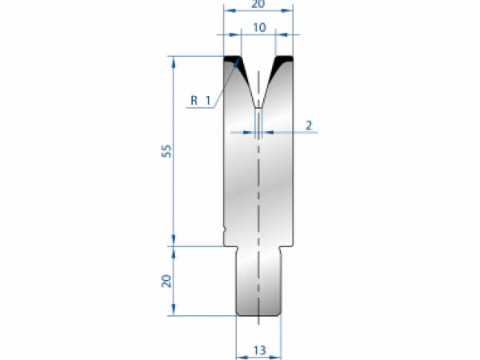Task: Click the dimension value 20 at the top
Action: point(258,5)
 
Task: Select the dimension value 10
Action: point(258,27)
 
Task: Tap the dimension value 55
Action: point(166,151)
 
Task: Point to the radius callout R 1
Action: point(200,100)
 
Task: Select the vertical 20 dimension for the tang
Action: point(166,280)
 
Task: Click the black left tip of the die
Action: point(233,59)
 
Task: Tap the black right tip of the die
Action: point(284,59)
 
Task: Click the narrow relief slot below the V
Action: point(258,121)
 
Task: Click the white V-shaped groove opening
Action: point(258,76)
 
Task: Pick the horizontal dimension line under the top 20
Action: point(258,11)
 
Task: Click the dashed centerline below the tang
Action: point(259,321)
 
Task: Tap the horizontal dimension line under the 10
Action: point(258,35)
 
